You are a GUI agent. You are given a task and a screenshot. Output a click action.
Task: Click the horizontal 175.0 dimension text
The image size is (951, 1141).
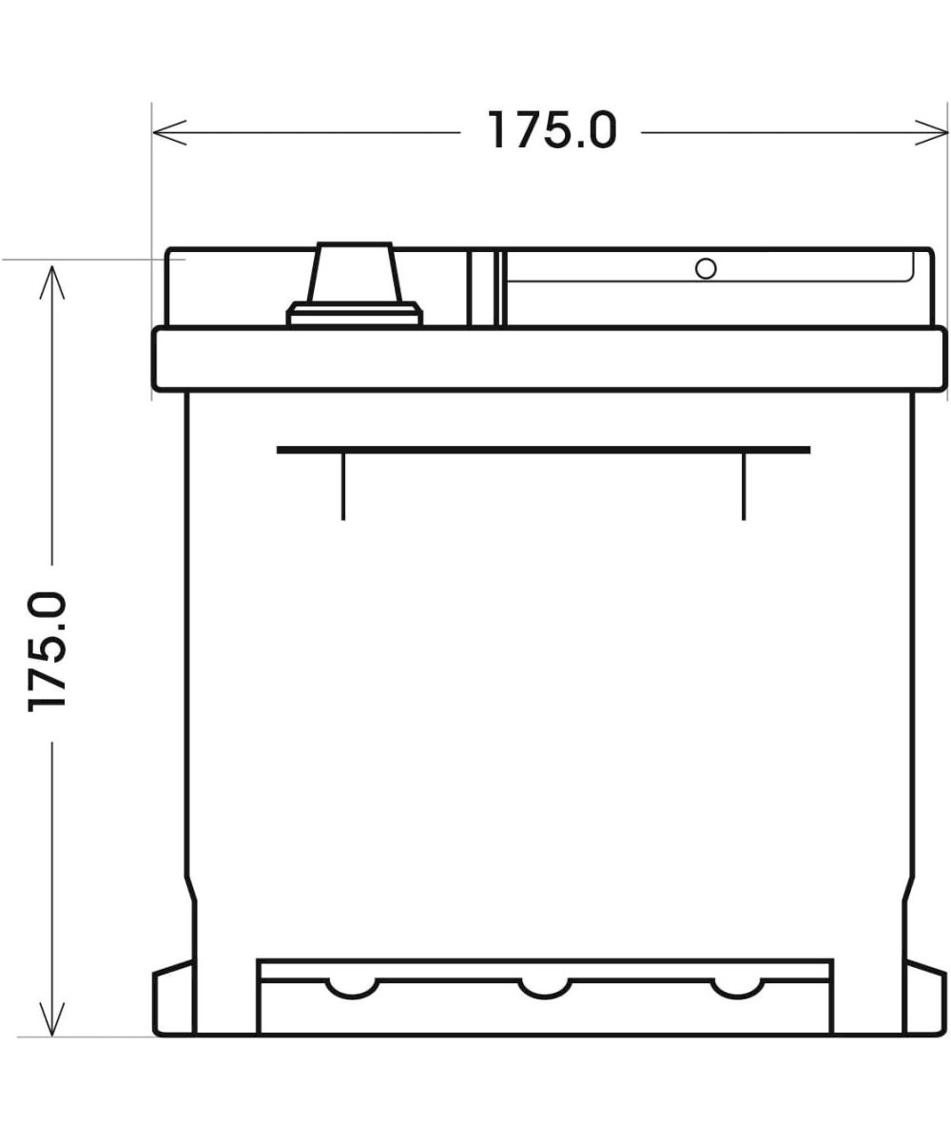(x=552, y=130)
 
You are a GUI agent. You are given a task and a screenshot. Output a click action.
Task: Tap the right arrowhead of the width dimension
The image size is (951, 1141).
(x=931, y=132)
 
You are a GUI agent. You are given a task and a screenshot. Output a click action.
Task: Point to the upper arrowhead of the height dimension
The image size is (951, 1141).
(x=52, y=282)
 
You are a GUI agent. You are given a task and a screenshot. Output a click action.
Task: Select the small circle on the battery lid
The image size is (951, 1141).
(x=706, y=268)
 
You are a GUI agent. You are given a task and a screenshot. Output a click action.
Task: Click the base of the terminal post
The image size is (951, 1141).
(x=354, y=314)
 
